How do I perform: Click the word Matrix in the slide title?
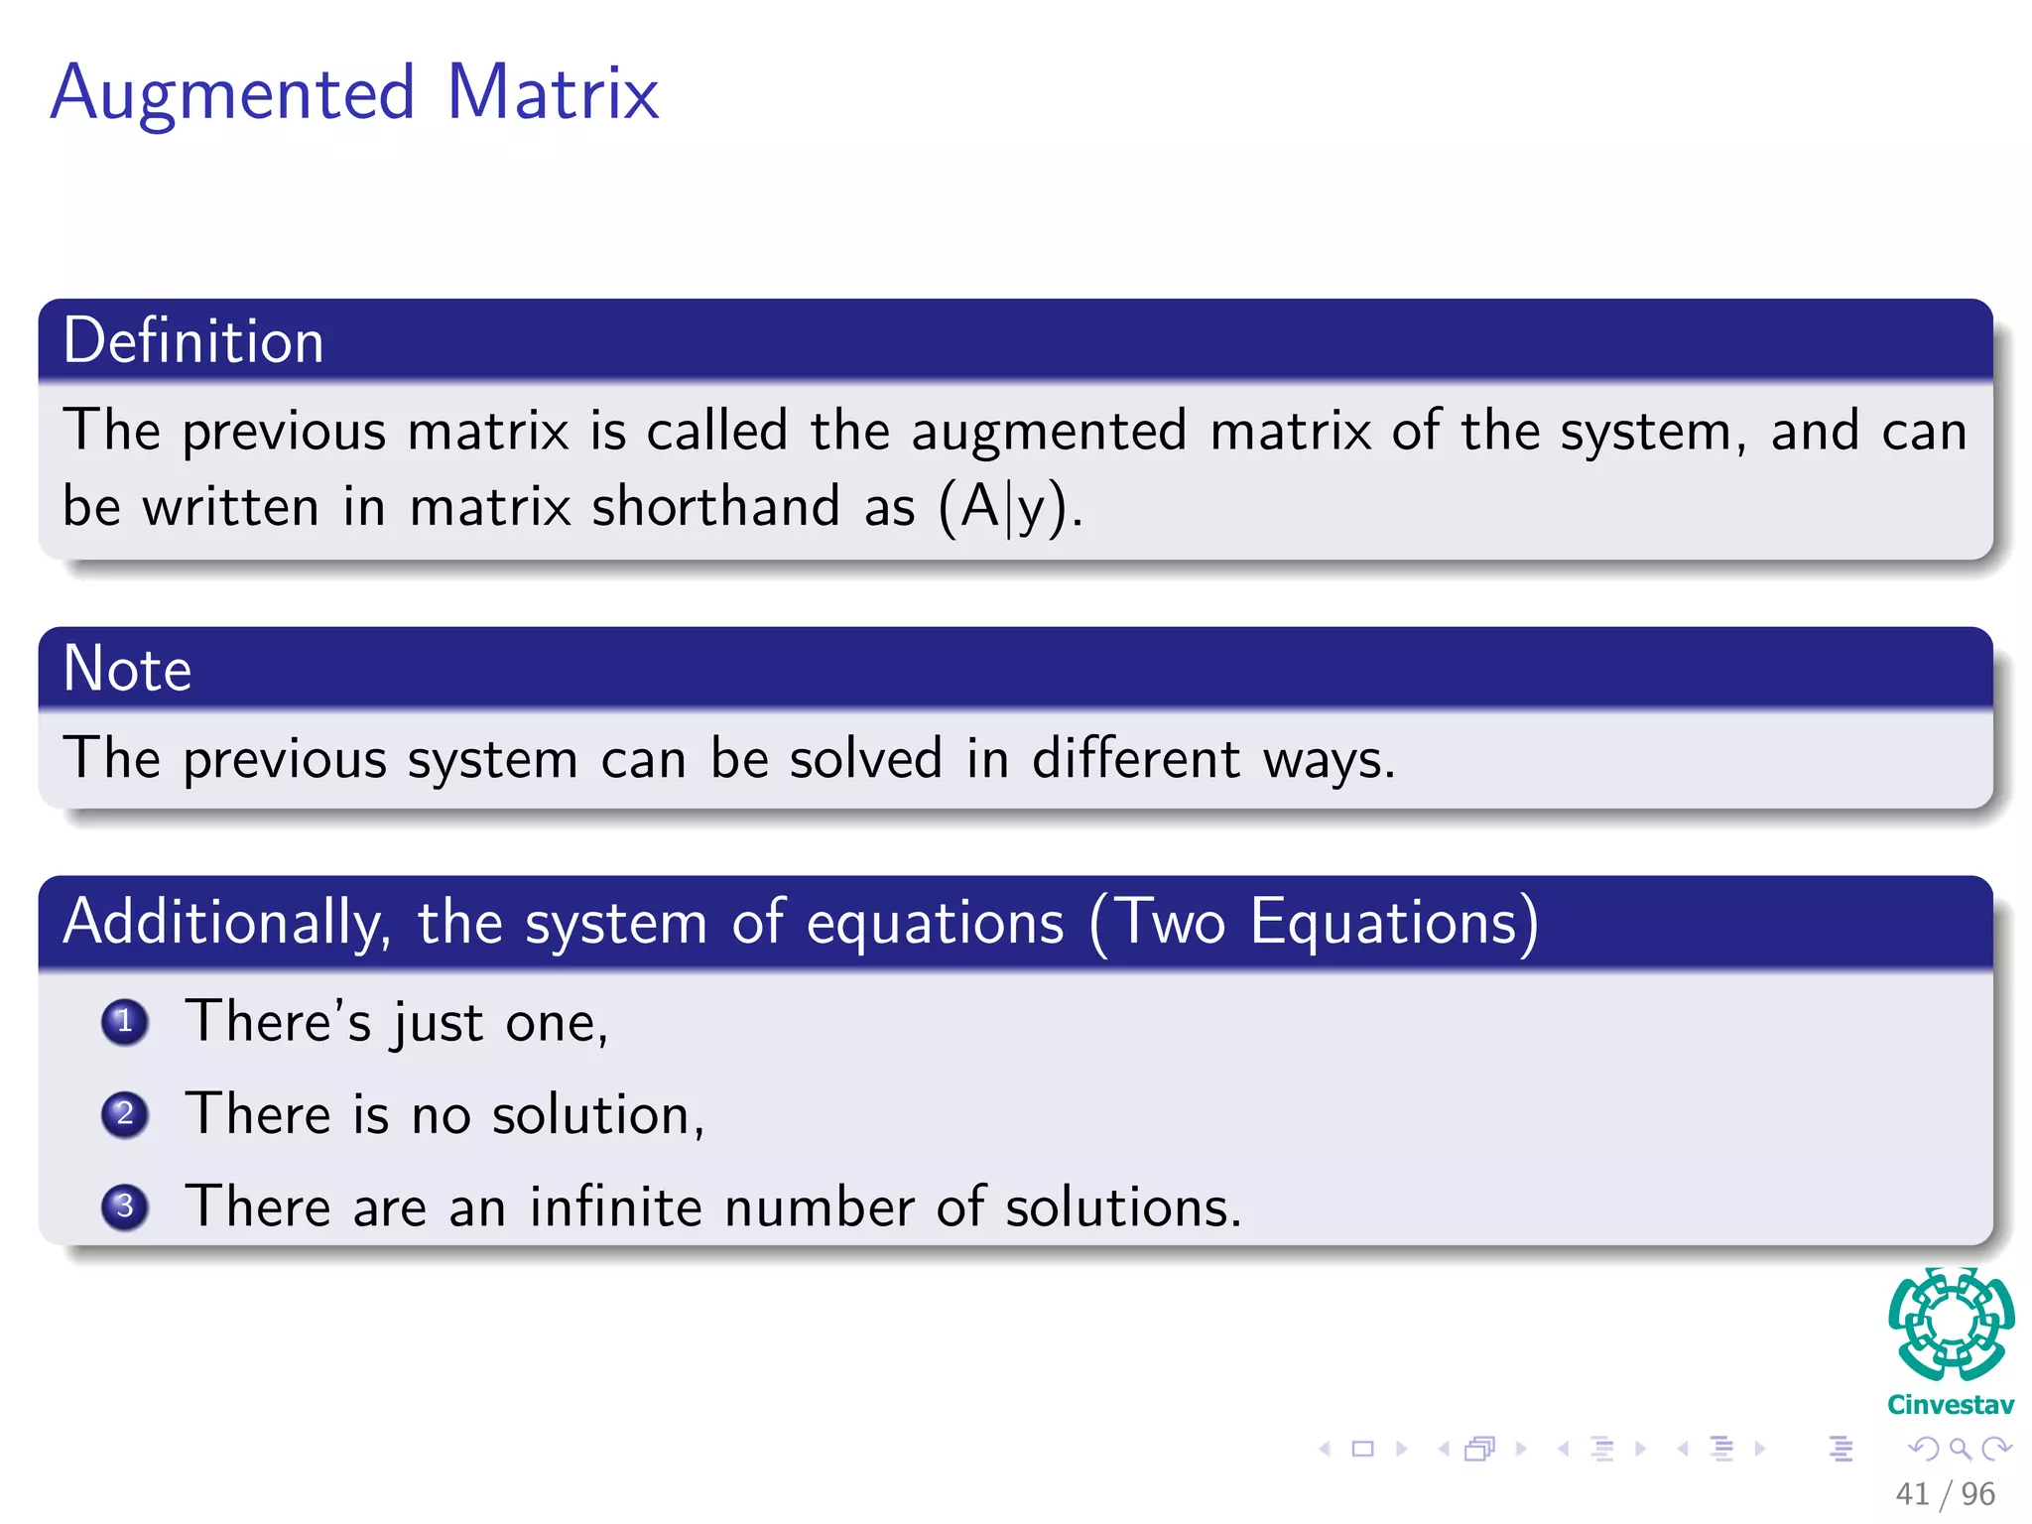point(552,92)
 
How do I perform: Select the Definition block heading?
point(193,341)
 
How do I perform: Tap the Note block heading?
point(127,669)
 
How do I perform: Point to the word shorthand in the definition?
point(715,506)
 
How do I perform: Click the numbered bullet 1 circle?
point(125,1022)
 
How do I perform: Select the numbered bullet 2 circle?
point(125,1114)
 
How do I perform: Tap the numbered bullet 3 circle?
point(125,1206)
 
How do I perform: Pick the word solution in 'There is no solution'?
point(590,1114)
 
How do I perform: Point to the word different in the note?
point(1135,759)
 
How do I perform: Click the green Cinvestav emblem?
point(1951,1325)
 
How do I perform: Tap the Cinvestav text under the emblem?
point(1951,1405)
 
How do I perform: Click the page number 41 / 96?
point(1944,1493)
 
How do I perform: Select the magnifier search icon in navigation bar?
point(1960,1449)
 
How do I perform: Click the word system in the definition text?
point(1645,433)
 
